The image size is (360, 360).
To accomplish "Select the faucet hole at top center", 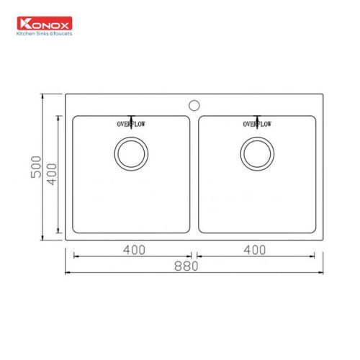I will coord(194,105).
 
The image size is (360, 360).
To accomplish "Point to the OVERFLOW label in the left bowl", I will coord(132,125).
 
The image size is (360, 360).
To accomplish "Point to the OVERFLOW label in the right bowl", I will coord(257,125).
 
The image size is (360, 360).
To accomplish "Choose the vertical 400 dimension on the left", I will coord(50,174).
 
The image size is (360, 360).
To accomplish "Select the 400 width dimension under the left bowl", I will coord(134,250).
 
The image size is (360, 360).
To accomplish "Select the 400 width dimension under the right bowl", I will coord(255,250).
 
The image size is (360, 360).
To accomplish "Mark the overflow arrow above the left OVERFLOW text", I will coord(132,117).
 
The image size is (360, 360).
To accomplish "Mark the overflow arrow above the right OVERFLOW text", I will coord(257,117).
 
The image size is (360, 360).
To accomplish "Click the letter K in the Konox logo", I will coord(26,22).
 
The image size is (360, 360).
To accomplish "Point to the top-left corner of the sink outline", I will coord(66,94).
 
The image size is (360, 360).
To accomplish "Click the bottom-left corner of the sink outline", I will coord(66,239).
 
